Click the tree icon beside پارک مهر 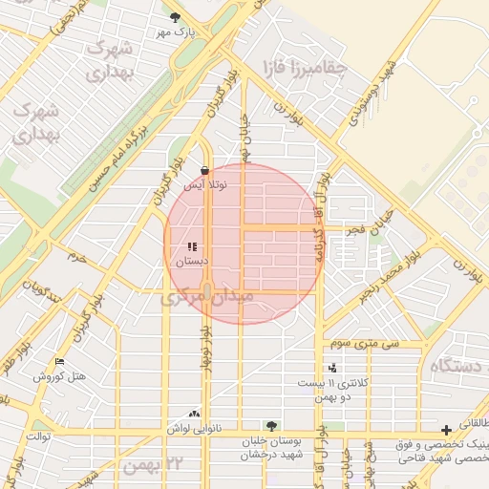coord(174,16)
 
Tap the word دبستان coord(191,260)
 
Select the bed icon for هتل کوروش coord(60,363)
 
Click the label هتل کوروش coord(59,377)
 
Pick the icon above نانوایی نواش coord(194,415)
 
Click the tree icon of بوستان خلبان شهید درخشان coord(273,426)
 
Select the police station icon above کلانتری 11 coord(332,369)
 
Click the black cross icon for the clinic coord(446,430)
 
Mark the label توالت coord(37,436)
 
